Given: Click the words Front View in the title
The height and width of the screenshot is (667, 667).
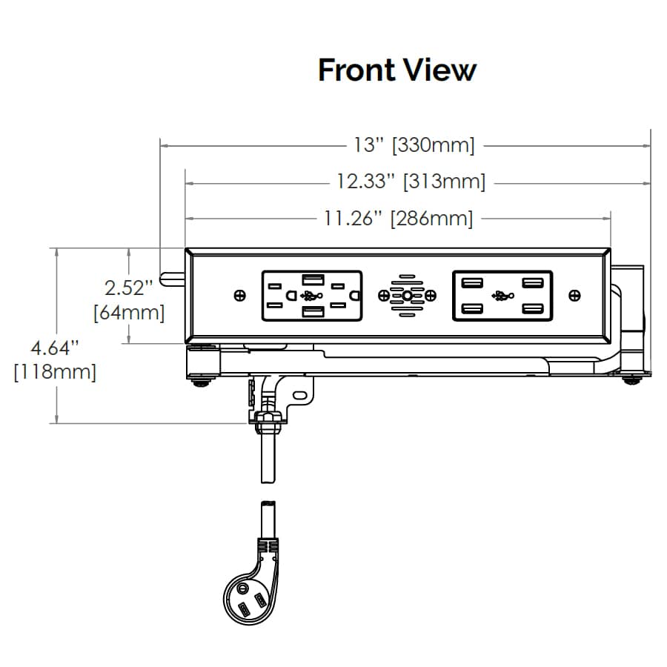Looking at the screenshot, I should (397, 70).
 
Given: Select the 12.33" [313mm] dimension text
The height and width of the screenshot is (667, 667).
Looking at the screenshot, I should (411, 181).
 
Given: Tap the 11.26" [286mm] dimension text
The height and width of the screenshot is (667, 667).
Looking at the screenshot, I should (398, 218).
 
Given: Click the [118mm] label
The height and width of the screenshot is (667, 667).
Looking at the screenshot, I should (56, 371).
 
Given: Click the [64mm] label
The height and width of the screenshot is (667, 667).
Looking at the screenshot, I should (130, 312).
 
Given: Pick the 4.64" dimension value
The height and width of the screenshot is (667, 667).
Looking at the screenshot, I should (56, 347).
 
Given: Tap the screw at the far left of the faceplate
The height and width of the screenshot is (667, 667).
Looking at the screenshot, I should (239, 296).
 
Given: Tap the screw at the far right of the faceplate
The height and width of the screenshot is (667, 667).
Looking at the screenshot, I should (574, 296).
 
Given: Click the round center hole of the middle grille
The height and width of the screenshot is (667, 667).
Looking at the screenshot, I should (407, 296).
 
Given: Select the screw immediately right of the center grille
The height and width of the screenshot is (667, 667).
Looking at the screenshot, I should (430, 296).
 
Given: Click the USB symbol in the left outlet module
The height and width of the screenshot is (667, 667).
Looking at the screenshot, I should (312, 296).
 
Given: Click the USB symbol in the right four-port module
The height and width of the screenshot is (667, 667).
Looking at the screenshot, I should (502, 296).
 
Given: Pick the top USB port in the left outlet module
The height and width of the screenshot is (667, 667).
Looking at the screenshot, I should (311, 279).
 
